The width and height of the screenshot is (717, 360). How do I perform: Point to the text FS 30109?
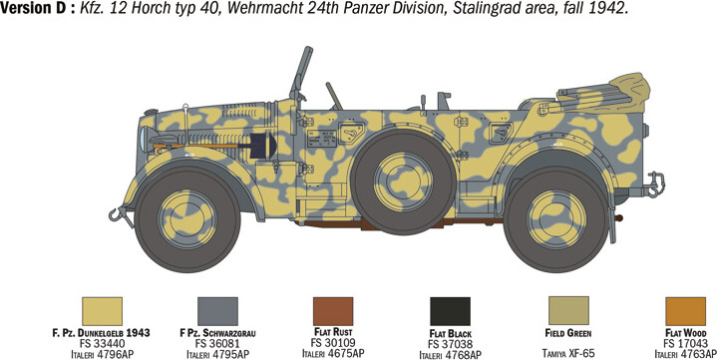332,342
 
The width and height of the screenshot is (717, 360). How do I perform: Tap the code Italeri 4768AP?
450,354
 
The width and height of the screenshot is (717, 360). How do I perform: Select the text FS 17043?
685,342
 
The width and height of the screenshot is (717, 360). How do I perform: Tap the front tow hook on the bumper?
123,212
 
